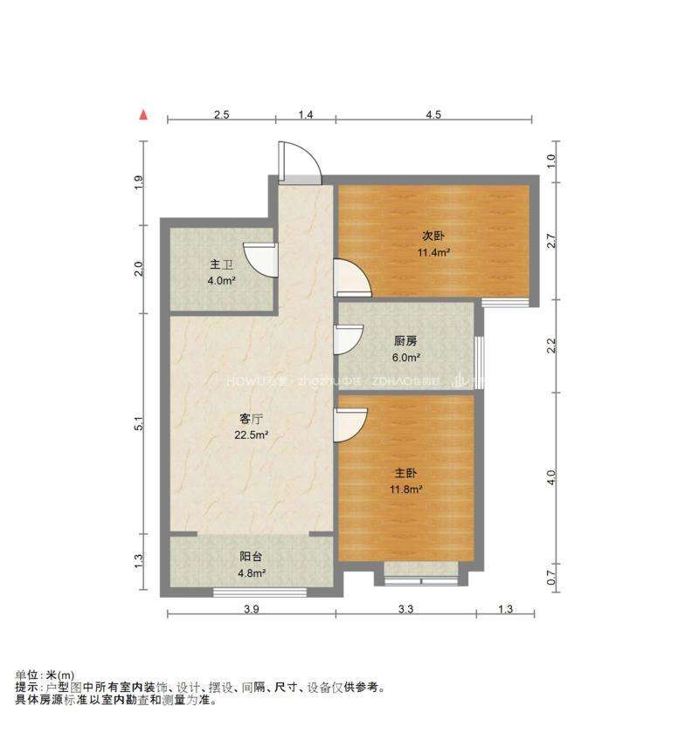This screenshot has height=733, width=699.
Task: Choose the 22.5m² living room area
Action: pyautogui.click(x=249, y=435)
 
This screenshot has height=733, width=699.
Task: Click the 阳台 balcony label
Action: pyautogui.click(x=251, y=557)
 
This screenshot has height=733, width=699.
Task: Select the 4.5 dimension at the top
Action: pyautogui.click(x=433, y=114)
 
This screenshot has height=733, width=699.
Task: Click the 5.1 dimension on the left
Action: pyautogui.click(x=139, y=424)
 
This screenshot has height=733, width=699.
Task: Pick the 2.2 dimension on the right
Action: pyautogui.click(x=551, y=346)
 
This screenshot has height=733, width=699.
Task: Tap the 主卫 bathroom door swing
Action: pyautogui.click(x=259, y=258)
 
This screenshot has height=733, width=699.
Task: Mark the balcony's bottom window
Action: pyautogui.click(x=260, y=593)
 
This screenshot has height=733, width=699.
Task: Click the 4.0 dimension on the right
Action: pyautogui.click(x=551, y=477)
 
